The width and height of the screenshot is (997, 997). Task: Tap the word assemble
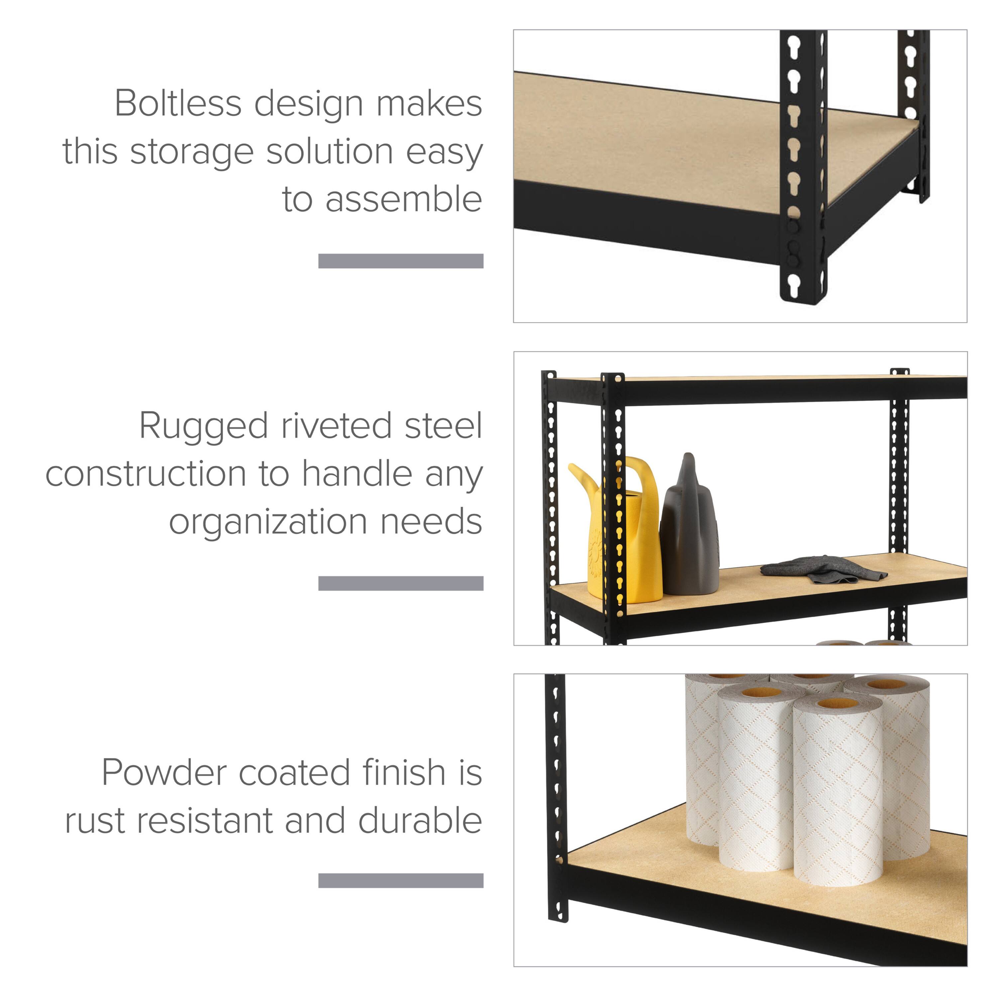coord(403,200)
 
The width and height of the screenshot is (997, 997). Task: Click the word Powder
coord(164,773)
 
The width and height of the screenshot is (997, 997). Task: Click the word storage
coord(191,152)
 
